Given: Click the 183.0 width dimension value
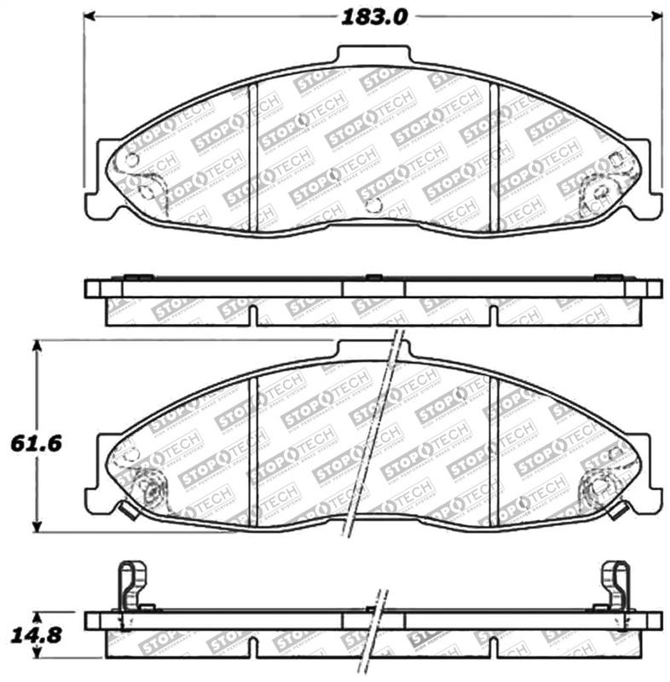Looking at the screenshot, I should [375, 16].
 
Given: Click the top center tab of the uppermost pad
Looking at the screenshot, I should [373, 55].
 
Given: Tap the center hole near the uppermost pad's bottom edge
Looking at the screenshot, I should [373, 205].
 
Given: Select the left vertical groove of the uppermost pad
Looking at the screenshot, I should [251, 158].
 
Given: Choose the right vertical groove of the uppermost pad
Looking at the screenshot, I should [494, 158].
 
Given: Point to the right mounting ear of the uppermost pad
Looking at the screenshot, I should [650, 192].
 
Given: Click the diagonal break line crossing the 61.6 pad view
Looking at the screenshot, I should [373, 435].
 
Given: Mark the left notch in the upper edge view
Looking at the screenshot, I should [253, 315].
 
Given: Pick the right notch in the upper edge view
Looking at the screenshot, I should [493, 315].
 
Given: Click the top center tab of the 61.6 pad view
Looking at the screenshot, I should [373, 350].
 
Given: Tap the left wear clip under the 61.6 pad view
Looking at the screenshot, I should [127, 511].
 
